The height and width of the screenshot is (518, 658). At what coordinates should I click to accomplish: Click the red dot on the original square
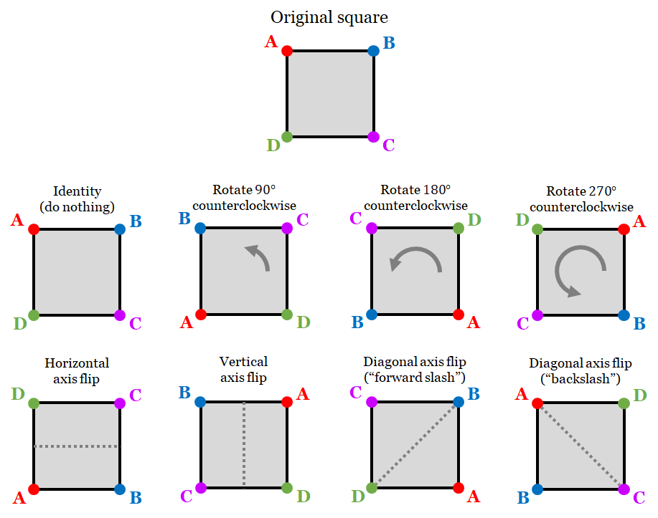coord(287,51)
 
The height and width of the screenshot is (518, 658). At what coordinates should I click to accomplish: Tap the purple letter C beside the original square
coord(388,145)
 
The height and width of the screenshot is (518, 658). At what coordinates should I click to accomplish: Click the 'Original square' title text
coord(329,17)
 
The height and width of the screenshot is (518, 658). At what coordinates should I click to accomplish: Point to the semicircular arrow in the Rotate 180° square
coord(414,260)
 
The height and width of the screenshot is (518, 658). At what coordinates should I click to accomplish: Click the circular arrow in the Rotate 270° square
coord(580,272)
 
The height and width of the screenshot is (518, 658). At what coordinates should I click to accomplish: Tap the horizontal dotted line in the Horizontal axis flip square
coord(77,446)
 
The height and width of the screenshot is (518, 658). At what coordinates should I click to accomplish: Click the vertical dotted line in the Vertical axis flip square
coord(244,445)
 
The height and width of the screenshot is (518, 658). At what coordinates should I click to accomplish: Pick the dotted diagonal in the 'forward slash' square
coord(415,445)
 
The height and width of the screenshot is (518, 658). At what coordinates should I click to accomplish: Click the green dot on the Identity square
coord(34,315)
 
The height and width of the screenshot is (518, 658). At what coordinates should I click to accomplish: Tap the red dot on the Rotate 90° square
coord(201,315)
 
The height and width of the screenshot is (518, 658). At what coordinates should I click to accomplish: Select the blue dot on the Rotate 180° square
coord(372,315)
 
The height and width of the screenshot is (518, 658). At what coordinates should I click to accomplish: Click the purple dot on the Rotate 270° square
coord(537,315)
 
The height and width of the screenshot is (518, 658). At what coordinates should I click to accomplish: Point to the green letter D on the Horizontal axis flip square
coord(18,393)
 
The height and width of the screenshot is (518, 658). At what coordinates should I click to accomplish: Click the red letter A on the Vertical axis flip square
coord(303,393)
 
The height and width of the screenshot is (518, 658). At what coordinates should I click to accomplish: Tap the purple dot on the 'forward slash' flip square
coord(372,403)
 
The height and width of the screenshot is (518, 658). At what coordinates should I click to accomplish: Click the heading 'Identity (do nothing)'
coord(77,199)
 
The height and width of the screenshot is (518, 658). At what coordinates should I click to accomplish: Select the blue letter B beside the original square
coord(389,42)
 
